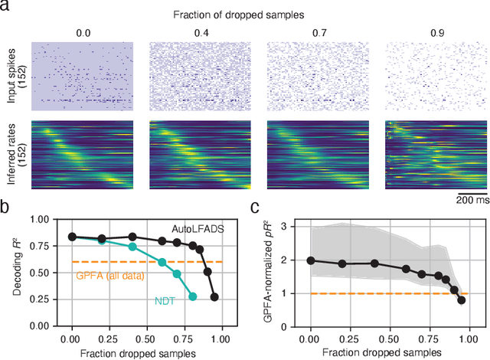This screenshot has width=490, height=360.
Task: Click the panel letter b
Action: (x=5, y=206)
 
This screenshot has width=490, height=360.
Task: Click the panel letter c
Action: (x=255, y=206)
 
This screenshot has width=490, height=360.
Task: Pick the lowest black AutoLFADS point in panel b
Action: (x=214, y=296)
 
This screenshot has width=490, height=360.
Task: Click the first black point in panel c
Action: (x=311, y=260)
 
